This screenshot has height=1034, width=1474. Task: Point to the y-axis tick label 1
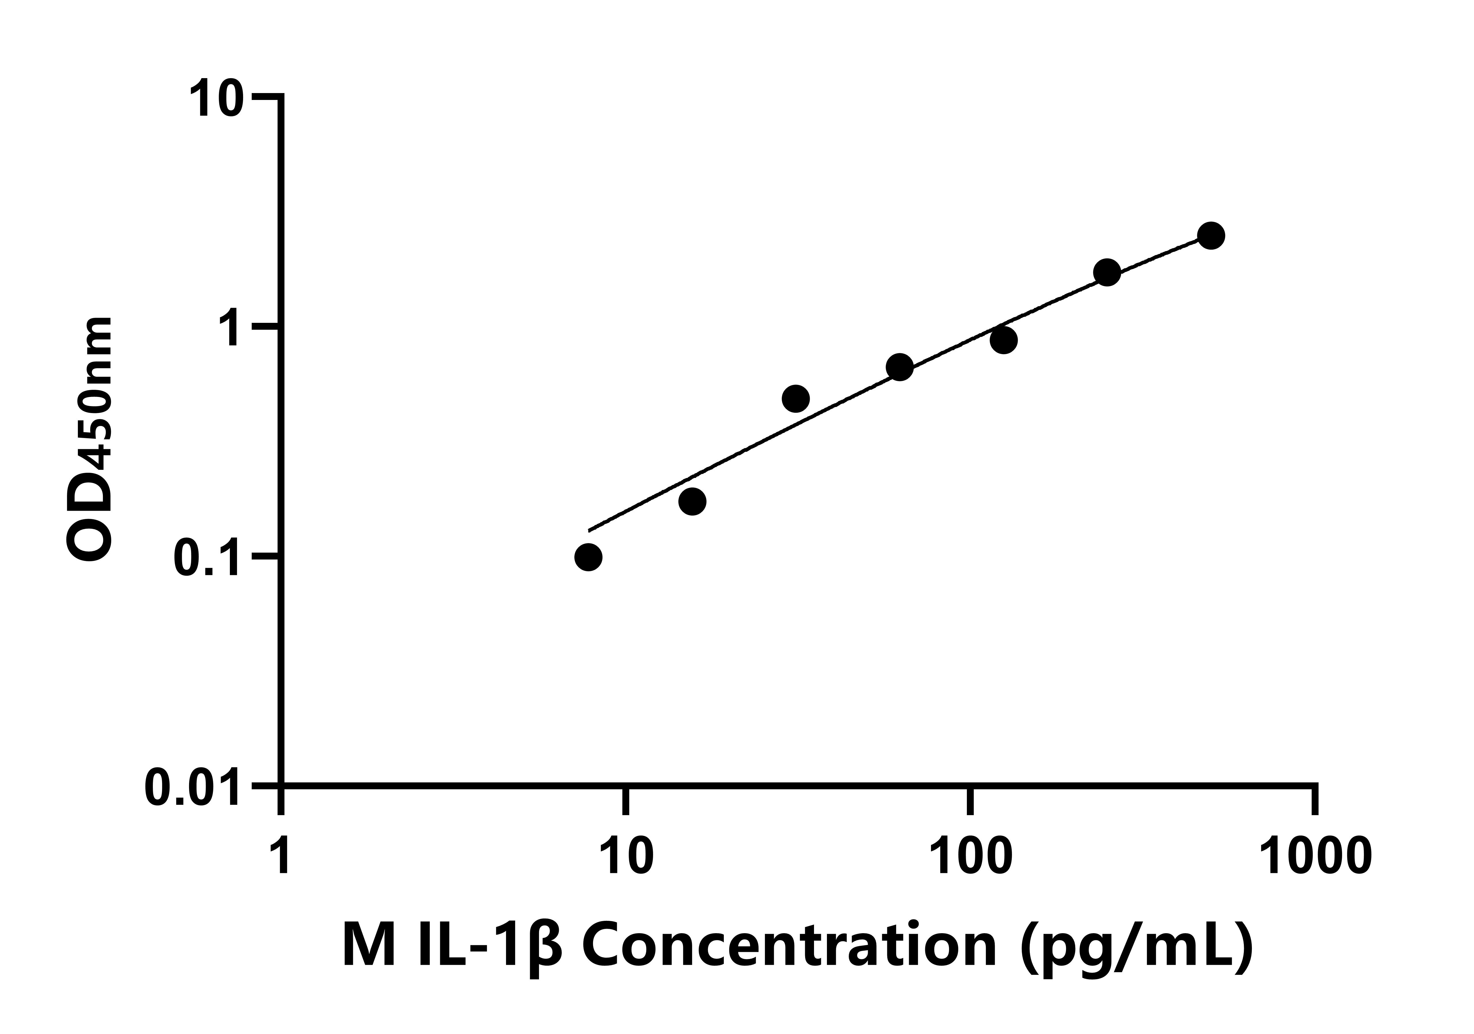pos(232,329)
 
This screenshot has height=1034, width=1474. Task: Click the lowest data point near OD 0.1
pos(588,557)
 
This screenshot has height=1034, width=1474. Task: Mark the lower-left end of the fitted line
pos(589,530)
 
